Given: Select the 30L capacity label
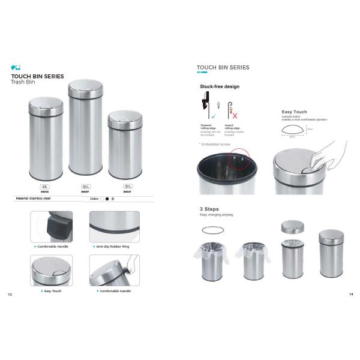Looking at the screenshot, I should (127, 187).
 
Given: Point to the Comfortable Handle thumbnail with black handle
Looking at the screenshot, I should (52, 227).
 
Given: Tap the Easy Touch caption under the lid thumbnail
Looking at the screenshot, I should (52, 291).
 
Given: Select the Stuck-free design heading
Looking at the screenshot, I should (219, 86).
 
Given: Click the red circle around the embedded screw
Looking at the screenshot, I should (241, 160).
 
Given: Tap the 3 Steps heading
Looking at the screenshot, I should (209, 209).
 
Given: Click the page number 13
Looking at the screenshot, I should (9, 295).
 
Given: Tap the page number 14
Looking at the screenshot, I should (351, 295).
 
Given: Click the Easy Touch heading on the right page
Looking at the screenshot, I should (294, 112).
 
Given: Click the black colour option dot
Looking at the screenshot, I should (107, 198).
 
